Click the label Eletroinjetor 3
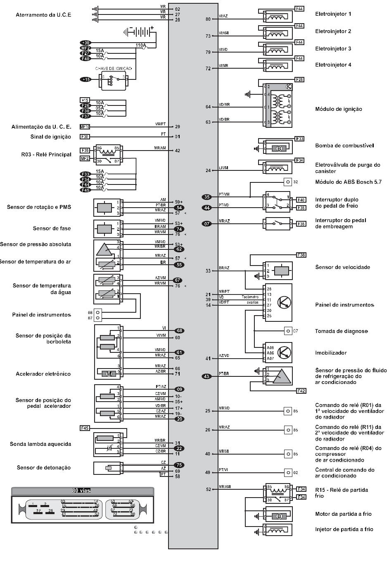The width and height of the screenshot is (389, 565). [333, 49]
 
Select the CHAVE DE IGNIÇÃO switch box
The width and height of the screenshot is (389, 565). [113, 80]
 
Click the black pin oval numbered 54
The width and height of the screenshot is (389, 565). [179, 208]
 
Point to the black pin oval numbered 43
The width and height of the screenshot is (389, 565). [207, 376]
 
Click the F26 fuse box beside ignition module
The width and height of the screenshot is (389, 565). [299, 79]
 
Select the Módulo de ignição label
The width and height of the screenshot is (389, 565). [338, 109]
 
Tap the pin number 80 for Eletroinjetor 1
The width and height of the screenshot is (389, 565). [208, 19]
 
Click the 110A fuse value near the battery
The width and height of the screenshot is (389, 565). [141, 45]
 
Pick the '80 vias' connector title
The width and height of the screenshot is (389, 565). [82, 491]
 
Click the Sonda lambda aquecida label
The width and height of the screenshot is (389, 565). [40, 444]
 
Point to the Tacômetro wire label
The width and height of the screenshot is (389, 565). [250, 297]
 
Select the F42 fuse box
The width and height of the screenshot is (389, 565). [301, 391]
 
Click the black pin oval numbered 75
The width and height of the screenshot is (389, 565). [179, 465]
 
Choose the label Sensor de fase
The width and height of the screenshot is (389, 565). [52, 228]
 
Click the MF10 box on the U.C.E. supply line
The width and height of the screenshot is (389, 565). [85, 127]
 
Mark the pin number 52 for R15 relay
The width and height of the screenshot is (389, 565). [208, 489]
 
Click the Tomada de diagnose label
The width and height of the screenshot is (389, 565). [341, 331]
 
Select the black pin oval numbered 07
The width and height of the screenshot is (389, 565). [207, 224]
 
